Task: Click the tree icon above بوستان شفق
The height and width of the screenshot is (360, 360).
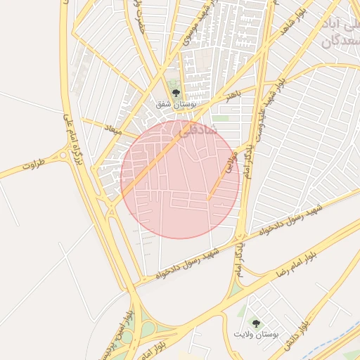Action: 176,92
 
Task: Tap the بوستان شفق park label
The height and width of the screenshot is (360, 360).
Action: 176,104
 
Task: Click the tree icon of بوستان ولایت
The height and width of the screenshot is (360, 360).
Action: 255,323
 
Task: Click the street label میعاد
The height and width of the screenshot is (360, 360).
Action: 112,130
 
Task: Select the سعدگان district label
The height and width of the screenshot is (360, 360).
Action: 340,41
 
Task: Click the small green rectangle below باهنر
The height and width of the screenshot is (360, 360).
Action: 221,119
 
